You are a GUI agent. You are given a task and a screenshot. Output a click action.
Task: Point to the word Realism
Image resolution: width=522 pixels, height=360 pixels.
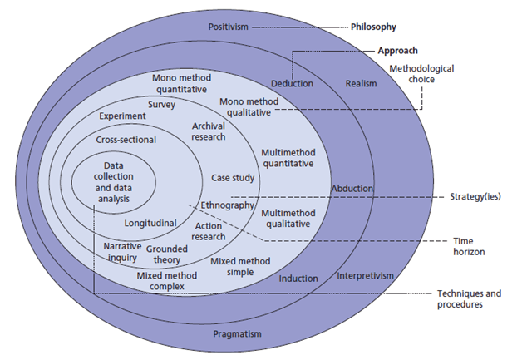click(x=362, y=84)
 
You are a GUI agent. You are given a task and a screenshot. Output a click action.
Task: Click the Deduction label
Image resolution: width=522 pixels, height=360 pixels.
click(x=293, y=83)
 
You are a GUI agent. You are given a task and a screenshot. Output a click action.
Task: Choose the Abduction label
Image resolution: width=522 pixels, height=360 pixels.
click(x=352, y=188)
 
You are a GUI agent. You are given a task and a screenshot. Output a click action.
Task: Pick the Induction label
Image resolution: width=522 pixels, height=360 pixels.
click(x=298, y=279)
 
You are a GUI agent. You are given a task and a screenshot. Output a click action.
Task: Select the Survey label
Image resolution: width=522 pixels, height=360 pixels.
click(x=161, y=105)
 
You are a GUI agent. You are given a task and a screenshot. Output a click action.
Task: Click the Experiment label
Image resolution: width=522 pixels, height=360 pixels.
click(x=122, y=117)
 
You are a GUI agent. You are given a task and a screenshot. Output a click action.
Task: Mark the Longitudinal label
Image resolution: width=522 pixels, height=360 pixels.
click(x=150, y=223)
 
